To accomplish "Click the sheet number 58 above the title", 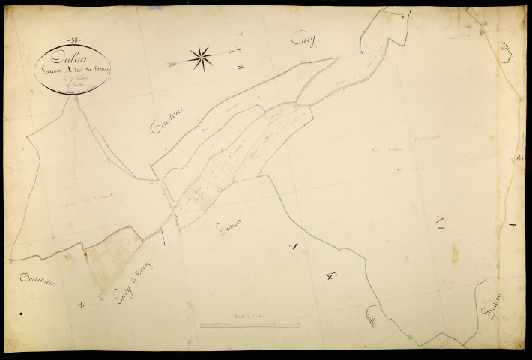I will click(76, 39).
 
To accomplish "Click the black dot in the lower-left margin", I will click(22, 313).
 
